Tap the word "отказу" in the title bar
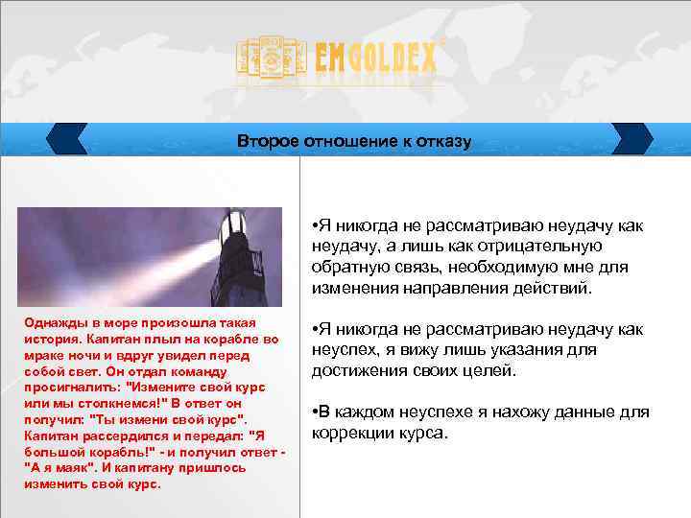[x=444, y=142]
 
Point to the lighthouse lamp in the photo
[x=234, y=231]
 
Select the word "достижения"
[x=359, y=370]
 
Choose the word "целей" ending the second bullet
[x=493, y=370]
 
